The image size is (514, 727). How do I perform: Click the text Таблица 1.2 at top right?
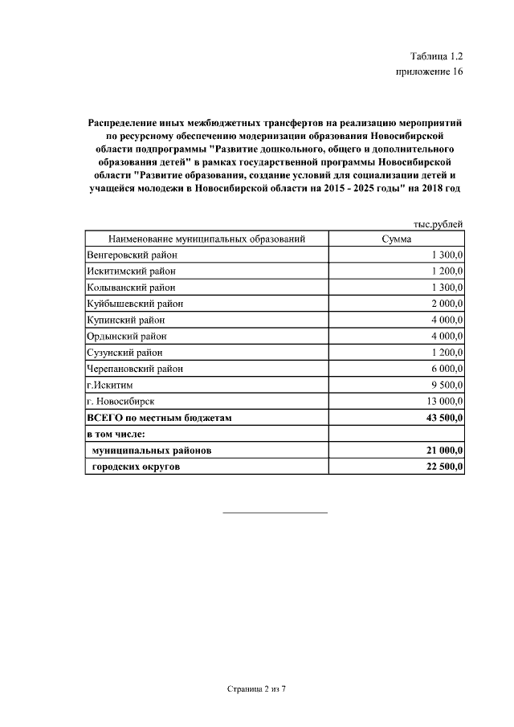(436, 56)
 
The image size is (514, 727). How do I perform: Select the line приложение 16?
(430, 72)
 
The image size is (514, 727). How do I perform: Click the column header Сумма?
(397, 239)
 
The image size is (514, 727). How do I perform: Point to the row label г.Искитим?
(109, 385)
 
